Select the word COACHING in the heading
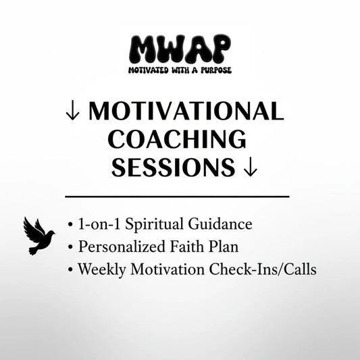(x=177, y=140)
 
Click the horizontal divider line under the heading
(x=177, y=196)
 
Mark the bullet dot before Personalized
(x=71, y=247)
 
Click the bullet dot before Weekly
(x=71, y=269)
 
